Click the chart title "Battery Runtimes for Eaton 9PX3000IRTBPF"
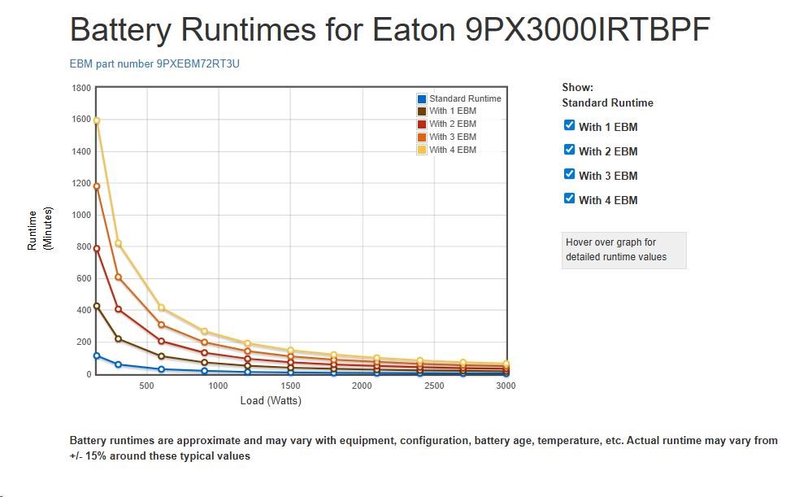coord(390,32)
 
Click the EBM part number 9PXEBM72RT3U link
coord(154,63)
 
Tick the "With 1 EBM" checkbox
coord(569,125)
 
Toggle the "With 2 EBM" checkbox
coord(569,150)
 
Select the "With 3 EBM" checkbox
coord(569,174)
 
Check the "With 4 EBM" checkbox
coord(569,198)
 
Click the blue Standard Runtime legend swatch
coord(422,98)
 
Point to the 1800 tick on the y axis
coord(81,88)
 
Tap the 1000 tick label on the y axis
coord(81,215)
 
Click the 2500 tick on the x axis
coord(434,386)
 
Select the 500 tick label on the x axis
coord(147,386)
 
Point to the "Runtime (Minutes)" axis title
coord(38,230)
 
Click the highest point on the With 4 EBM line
coord(97,120)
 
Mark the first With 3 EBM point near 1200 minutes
coord(97,186)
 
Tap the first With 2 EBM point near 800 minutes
coord(97,249)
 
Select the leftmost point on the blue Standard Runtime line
coord(97,355)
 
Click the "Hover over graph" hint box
coord(623,250)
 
